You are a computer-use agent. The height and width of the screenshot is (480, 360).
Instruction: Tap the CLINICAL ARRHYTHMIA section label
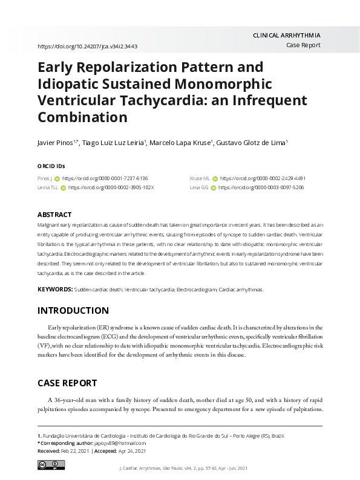tap(286, 36)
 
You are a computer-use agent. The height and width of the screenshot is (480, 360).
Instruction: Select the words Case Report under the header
tap(303, 46)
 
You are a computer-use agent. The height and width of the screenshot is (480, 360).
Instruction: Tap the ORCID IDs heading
tap(51, 166)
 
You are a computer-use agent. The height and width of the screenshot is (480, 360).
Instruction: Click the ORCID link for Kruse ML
tap(263, 179)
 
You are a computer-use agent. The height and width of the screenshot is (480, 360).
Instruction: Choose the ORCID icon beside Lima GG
tap(213, 188)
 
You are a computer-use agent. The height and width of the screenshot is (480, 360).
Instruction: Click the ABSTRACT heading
tap(54, 215)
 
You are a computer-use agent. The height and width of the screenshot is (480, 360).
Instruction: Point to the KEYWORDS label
tap(55, 290)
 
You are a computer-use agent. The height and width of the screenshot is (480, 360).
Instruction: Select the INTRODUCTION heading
tap(73, 311)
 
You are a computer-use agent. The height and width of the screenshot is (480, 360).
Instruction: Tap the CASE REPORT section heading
tap(68, 383)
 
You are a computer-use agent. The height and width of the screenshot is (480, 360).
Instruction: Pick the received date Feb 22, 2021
tap(73, 451)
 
